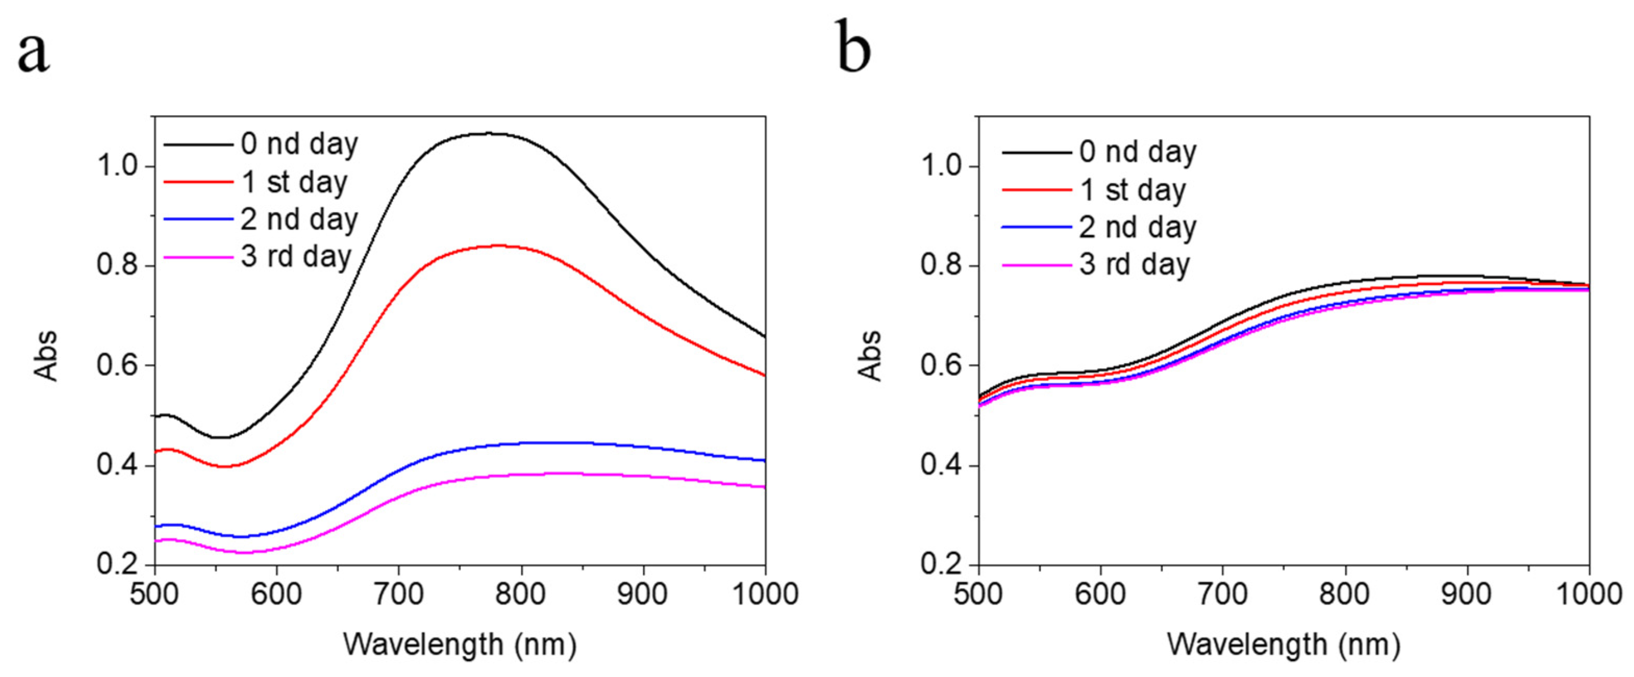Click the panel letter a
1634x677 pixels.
tap(33, 52)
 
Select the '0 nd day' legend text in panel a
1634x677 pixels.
tap(300, 145)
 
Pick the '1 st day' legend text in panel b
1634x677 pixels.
tap(1133, 190)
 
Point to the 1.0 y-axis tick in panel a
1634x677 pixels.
tap(118, 166)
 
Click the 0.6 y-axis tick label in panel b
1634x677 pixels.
tap(941, 366)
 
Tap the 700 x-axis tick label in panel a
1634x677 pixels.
tap(398, 595)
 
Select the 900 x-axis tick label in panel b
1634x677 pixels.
tap(1467, 595)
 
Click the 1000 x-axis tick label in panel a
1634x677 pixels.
tap(765, 595)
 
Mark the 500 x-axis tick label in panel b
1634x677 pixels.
tap(979, 595)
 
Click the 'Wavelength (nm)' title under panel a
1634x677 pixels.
tap(460, 645)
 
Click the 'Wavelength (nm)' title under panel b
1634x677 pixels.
tap(1284, 645)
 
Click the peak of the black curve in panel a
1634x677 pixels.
tap(490, 133)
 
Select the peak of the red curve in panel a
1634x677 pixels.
tap(498, 245)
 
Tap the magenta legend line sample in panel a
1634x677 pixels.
tap(198, 257)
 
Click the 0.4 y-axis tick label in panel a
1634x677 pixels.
tap(118, 465)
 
